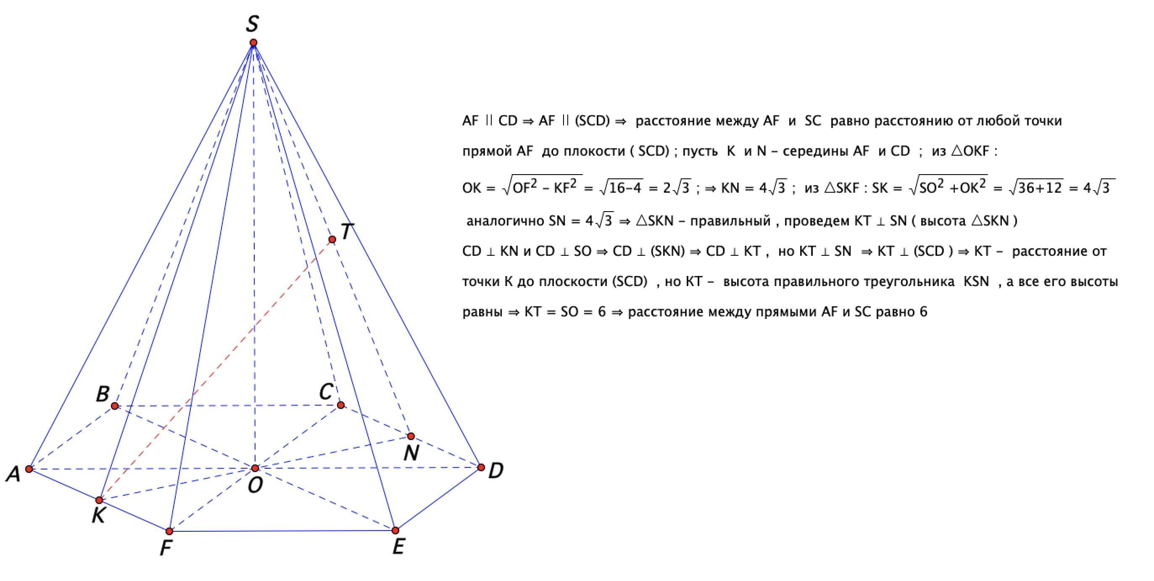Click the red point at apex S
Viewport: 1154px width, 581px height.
pos(253,43)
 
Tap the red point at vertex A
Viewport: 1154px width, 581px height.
pos(29,469)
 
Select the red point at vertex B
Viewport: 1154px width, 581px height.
pos(115,406)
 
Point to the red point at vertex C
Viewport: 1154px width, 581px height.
pos(340,405)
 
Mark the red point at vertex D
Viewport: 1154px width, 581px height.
pos(481,467)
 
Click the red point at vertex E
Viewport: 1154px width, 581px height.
pos(395,531)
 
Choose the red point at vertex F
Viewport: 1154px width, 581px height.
pos(169,532)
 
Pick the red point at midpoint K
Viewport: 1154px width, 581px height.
pos(99,500)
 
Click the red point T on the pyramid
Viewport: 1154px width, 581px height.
pos(332,239)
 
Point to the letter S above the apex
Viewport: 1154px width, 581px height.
pos(252,24)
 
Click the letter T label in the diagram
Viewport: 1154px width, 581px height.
pos(347,232)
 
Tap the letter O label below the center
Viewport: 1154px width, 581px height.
pos(256,485)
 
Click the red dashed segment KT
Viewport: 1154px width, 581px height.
pos(215,370)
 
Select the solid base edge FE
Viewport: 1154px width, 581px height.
pos(282,531)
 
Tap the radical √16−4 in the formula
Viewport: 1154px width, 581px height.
pos(621,188)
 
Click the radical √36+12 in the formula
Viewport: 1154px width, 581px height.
pos(1036,188)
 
